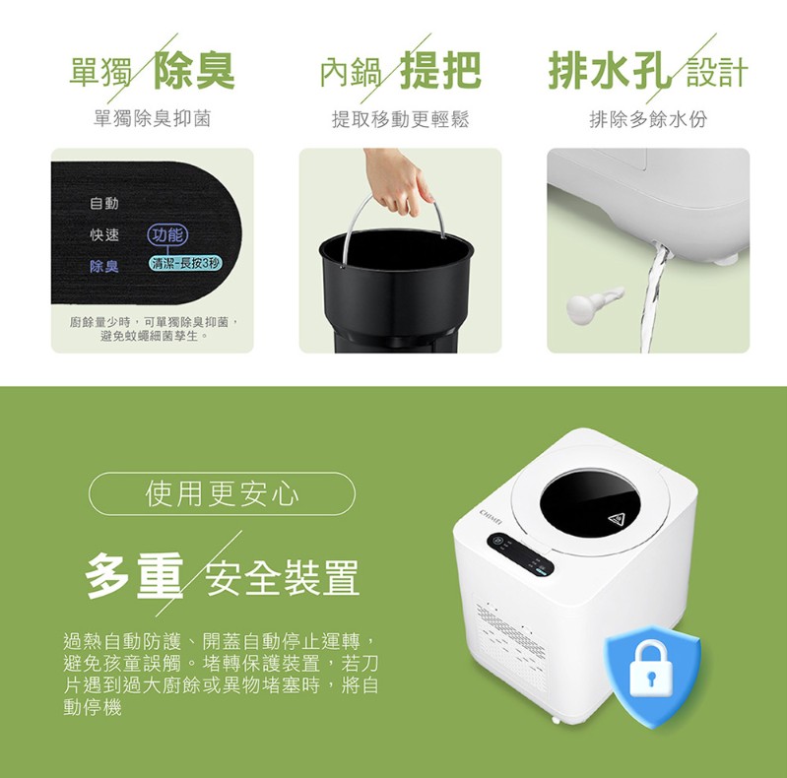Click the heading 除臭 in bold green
pyautogui.click(x=194, y=70)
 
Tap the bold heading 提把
pyautogui.click(x=440, y=70)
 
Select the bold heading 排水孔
pyautogui.click(x=610, y=70)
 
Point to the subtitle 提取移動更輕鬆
pyautogui.click(x=400, y=119)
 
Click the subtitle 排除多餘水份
pyautogui.click(x=648, y=119)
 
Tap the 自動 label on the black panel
pyautogui.click(x=104, y=203)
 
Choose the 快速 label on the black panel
pyautogui.click(x=104, y=234)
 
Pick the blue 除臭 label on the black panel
pyautogui.click(x=104, y=266)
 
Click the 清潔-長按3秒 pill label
pyautogui.click(x=186, y=264)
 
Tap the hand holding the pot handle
pyautogui.click(x=399, y=179)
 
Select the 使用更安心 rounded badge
pyautogui.click(x=222, y=494)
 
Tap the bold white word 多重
pyautogui.click(x=134, y=576)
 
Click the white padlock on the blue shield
pyautogui.click(x=651, y=671)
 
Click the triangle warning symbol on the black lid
pyautogui.click(x=617, y=519)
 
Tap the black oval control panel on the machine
pyautogui.click(x=520, y=554)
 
